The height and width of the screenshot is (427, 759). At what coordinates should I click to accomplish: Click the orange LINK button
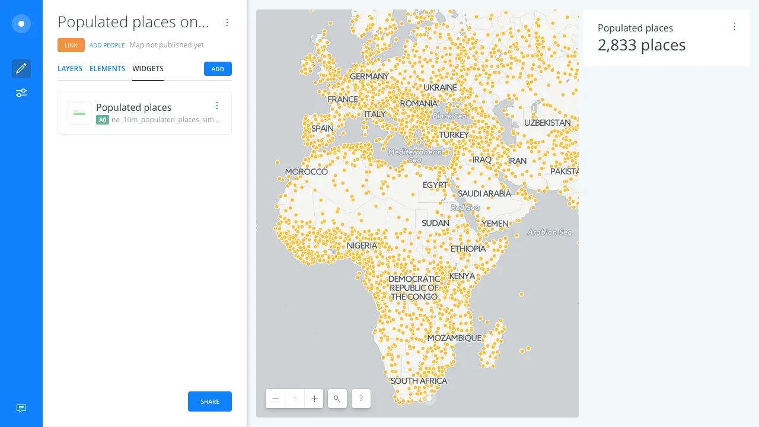tap(71, 45)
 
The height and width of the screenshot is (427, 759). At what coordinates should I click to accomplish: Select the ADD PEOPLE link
tap(107, 45)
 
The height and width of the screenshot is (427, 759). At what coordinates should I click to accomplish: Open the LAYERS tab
tap(70, 69)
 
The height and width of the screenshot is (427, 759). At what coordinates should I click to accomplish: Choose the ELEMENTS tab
tap(107, 69)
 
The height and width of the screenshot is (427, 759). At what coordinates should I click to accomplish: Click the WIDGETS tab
tap(148, 69)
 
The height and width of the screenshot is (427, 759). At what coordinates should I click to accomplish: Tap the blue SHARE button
tap(210, 401)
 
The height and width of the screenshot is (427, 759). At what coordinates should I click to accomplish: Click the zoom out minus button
tap(275, 399)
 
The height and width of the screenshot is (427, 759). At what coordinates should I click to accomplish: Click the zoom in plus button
tap(314, 399)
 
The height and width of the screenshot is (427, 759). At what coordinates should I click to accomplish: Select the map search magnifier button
tap(337, 399)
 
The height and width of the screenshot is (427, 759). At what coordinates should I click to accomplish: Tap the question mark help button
tap(361, 399)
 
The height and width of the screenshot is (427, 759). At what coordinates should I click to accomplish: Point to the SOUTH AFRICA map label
tap(419, 381)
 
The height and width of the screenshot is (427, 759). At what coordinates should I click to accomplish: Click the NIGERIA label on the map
tap(362, 246)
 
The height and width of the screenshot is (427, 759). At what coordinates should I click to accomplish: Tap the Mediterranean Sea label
tap(415, 155)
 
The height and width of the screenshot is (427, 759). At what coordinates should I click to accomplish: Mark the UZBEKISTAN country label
tap(547, 123)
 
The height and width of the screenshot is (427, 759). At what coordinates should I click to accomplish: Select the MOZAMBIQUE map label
tap(454, 338)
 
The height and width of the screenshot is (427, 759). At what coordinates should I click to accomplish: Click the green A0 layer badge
tap(103, 119)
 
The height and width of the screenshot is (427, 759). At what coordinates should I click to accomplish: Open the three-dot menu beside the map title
tap(227, 23)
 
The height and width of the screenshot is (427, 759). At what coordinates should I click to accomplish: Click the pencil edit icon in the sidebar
tap(21, 69)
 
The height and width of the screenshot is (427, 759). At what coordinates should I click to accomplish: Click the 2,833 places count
tap(642, 45)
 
